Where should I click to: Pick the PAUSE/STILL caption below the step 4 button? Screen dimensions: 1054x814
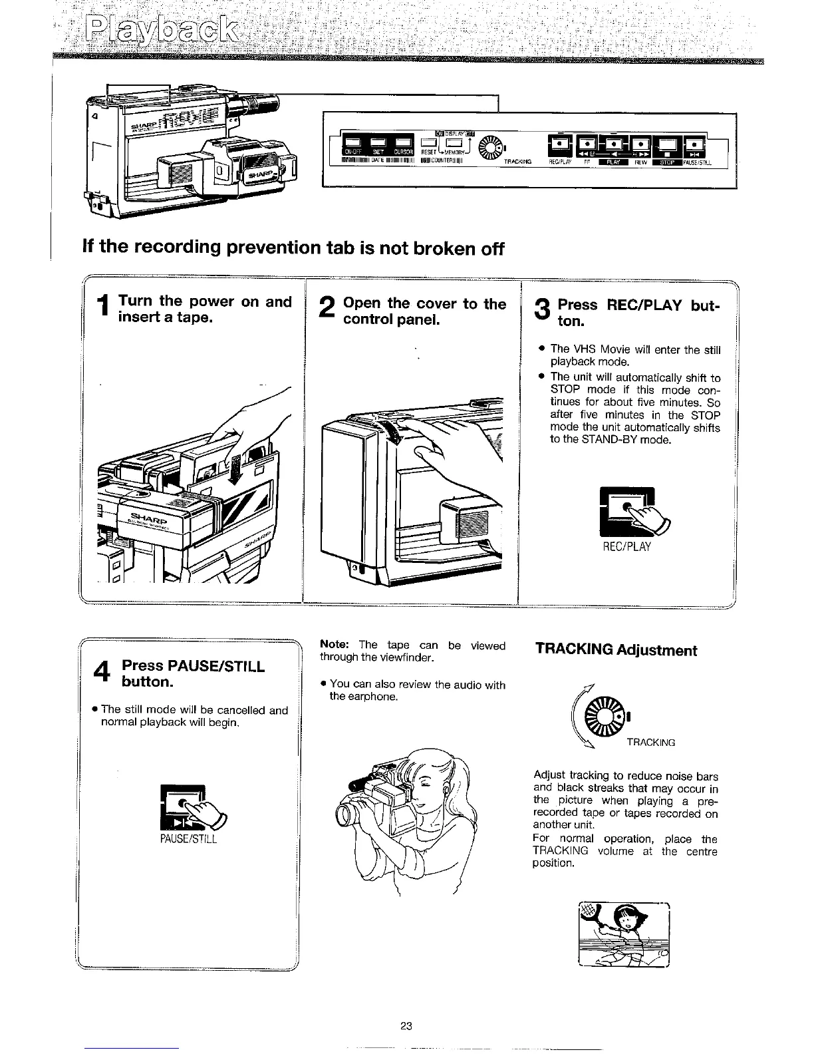tap(188, 838)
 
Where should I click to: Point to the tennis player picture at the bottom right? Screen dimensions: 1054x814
tap(623, 934)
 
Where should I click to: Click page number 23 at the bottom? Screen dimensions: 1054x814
tap(407, 1025)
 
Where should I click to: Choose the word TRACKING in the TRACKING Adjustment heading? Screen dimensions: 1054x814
tap(574, 650)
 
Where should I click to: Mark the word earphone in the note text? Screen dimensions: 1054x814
tap(375, 697)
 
